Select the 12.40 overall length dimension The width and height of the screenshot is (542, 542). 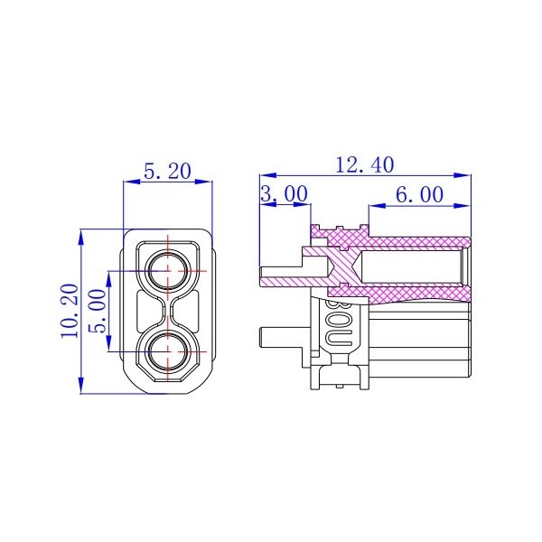pos(364,164)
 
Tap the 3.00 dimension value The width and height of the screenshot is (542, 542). pos(284,193)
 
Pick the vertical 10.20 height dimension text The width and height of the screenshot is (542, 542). pos(70,311)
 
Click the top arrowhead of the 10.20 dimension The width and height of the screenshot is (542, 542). pos(82,235)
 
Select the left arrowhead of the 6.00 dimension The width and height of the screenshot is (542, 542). pos(373,204)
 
